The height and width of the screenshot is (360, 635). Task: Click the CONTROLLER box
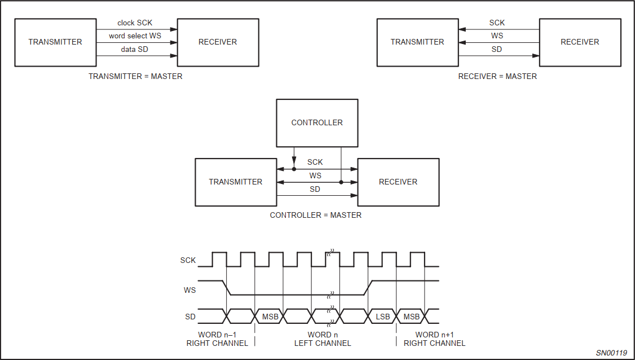click(317, 122)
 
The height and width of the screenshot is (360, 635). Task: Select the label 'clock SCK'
click(135, 23)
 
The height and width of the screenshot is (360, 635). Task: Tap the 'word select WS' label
click(136, 36)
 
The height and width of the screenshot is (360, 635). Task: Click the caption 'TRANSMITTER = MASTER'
click(135, 76)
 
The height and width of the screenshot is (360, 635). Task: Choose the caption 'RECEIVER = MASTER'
click(497, 76)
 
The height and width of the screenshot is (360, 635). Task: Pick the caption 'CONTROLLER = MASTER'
click(316, 215)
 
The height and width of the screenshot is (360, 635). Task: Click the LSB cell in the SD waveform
click(383, 317)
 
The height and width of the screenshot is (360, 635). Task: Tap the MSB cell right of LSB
click(412, 317)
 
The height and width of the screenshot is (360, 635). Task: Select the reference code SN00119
click(611, 353)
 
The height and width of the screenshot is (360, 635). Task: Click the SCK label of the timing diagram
click(188, 261)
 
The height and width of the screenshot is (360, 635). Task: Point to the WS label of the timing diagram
click(190, 290)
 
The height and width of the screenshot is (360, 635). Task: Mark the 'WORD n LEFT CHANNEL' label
click(323, 339)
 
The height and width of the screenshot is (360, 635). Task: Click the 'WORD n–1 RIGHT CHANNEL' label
click(217, 339)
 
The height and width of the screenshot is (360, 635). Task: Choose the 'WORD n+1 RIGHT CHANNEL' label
click(435, 339)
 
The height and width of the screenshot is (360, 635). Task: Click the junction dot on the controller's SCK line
click(294, 169)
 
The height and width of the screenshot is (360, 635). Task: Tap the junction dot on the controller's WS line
click(341, 182)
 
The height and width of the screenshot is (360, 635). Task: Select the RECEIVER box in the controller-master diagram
click(398, 182)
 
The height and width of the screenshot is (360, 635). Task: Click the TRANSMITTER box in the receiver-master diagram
click(417, 42)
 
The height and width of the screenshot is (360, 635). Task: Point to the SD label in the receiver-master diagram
click(497, 50)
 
